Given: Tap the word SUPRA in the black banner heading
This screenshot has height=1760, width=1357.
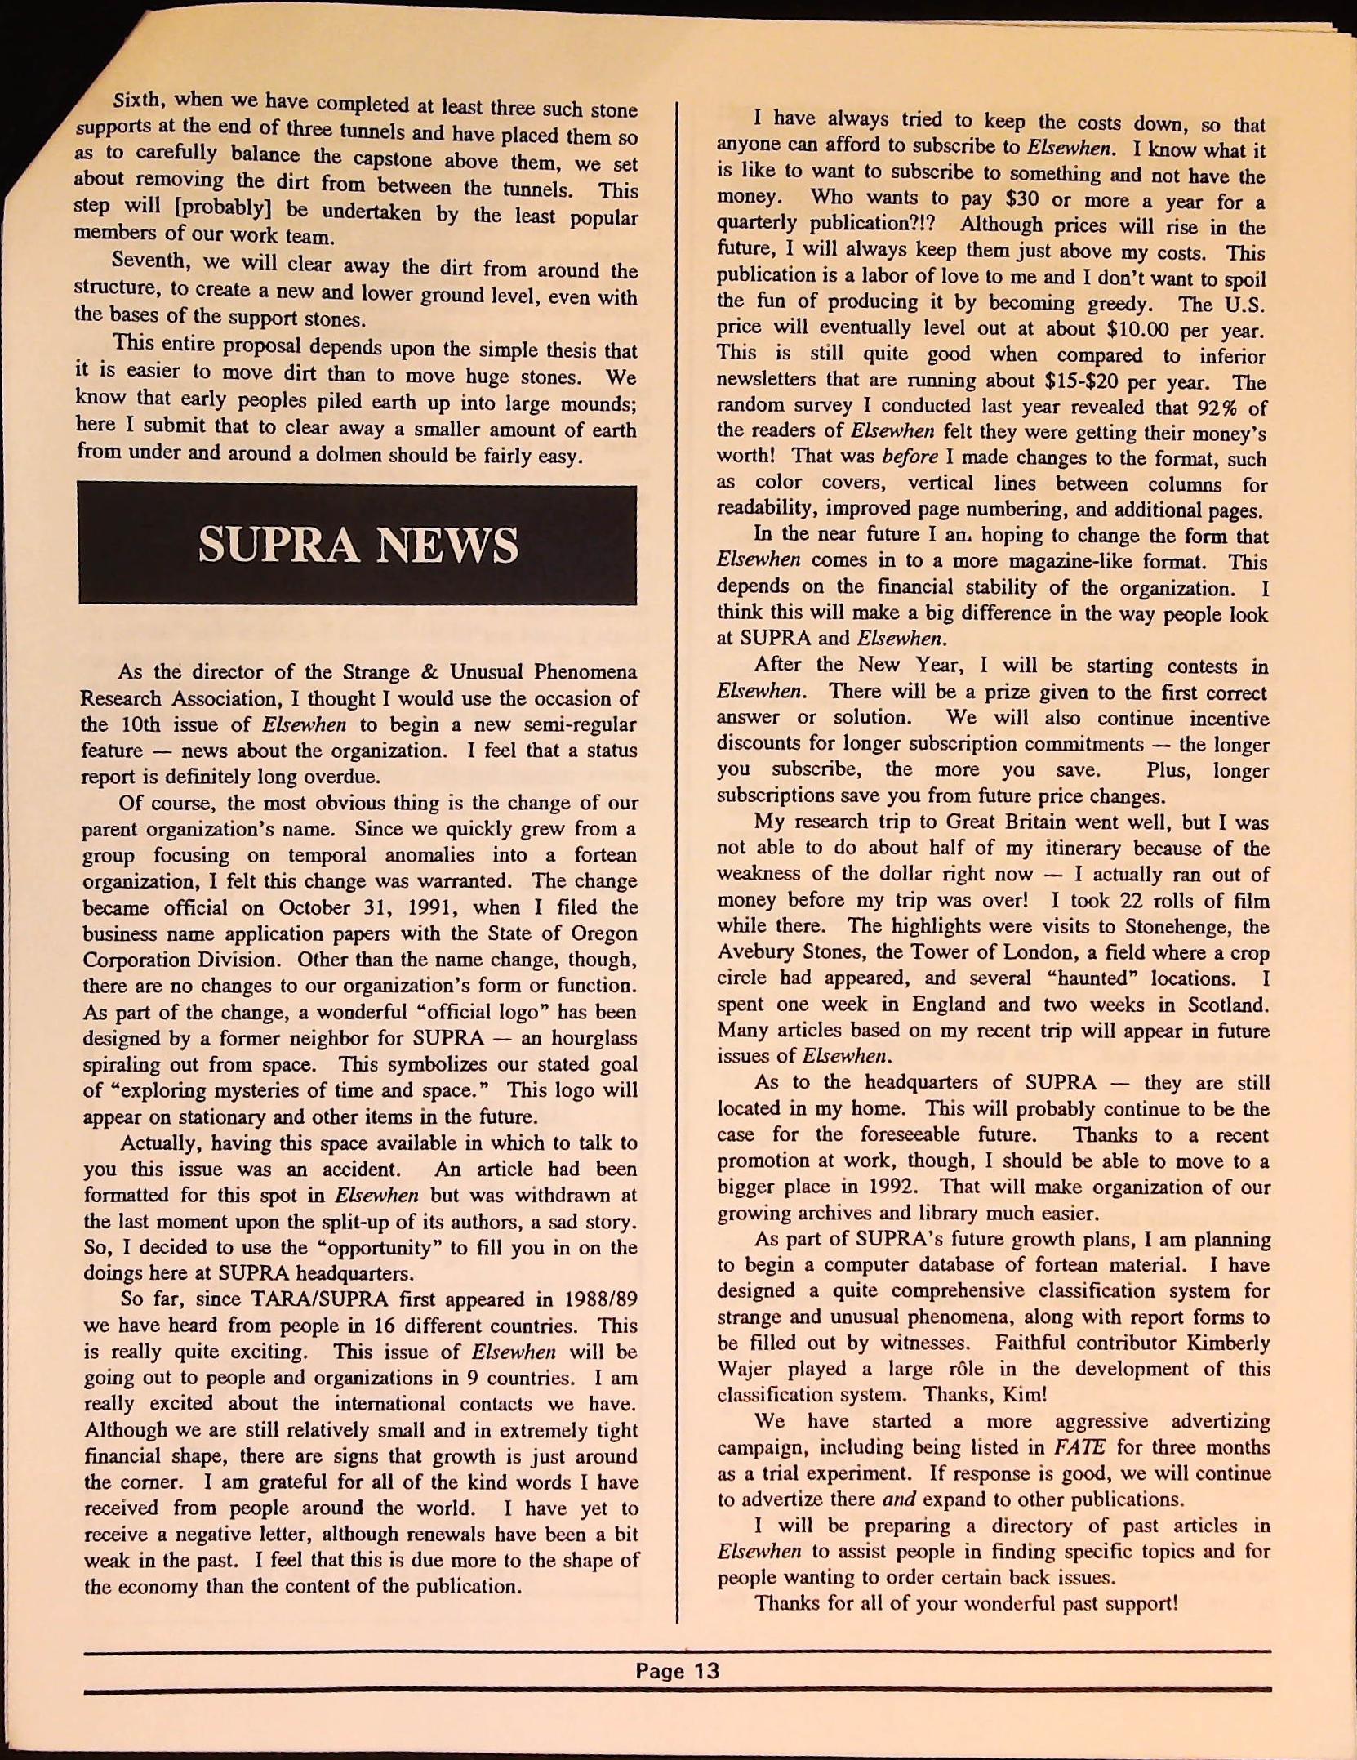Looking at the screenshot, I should pyautogui.click(x=278, y=545).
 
